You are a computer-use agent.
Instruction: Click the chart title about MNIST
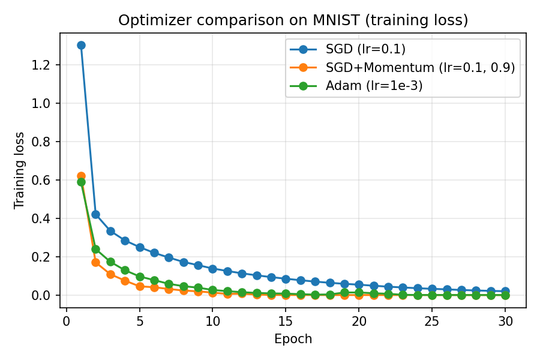pyautogui.click(x=293, y=20)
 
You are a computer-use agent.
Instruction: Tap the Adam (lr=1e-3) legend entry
pyautogui.click(x=374, y=86)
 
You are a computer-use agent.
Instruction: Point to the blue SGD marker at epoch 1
pyautogui.click(x=81, y=45)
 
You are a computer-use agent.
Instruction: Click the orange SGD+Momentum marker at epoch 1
pyautogui.click(x=81, y=176)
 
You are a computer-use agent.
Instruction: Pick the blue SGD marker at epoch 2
pyautogui.click(x=95, y=214)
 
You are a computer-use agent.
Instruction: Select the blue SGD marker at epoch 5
pyautogui.click(x=140, y=247)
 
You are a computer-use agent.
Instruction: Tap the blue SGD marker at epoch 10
pyautogui.click(x=212, y=269)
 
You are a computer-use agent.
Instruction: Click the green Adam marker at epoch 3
pyautogui.click(x=110, y=262)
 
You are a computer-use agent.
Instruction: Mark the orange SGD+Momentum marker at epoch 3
pyautogui.click(x=110, y=274)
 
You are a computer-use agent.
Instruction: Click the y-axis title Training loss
pyautogui.click(x=20, y=170)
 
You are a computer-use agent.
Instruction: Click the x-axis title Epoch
pyautogui.click(x=293, y=339)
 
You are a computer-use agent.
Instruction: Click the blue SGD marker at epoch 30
pyautogui.click(x=505, y=291)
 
